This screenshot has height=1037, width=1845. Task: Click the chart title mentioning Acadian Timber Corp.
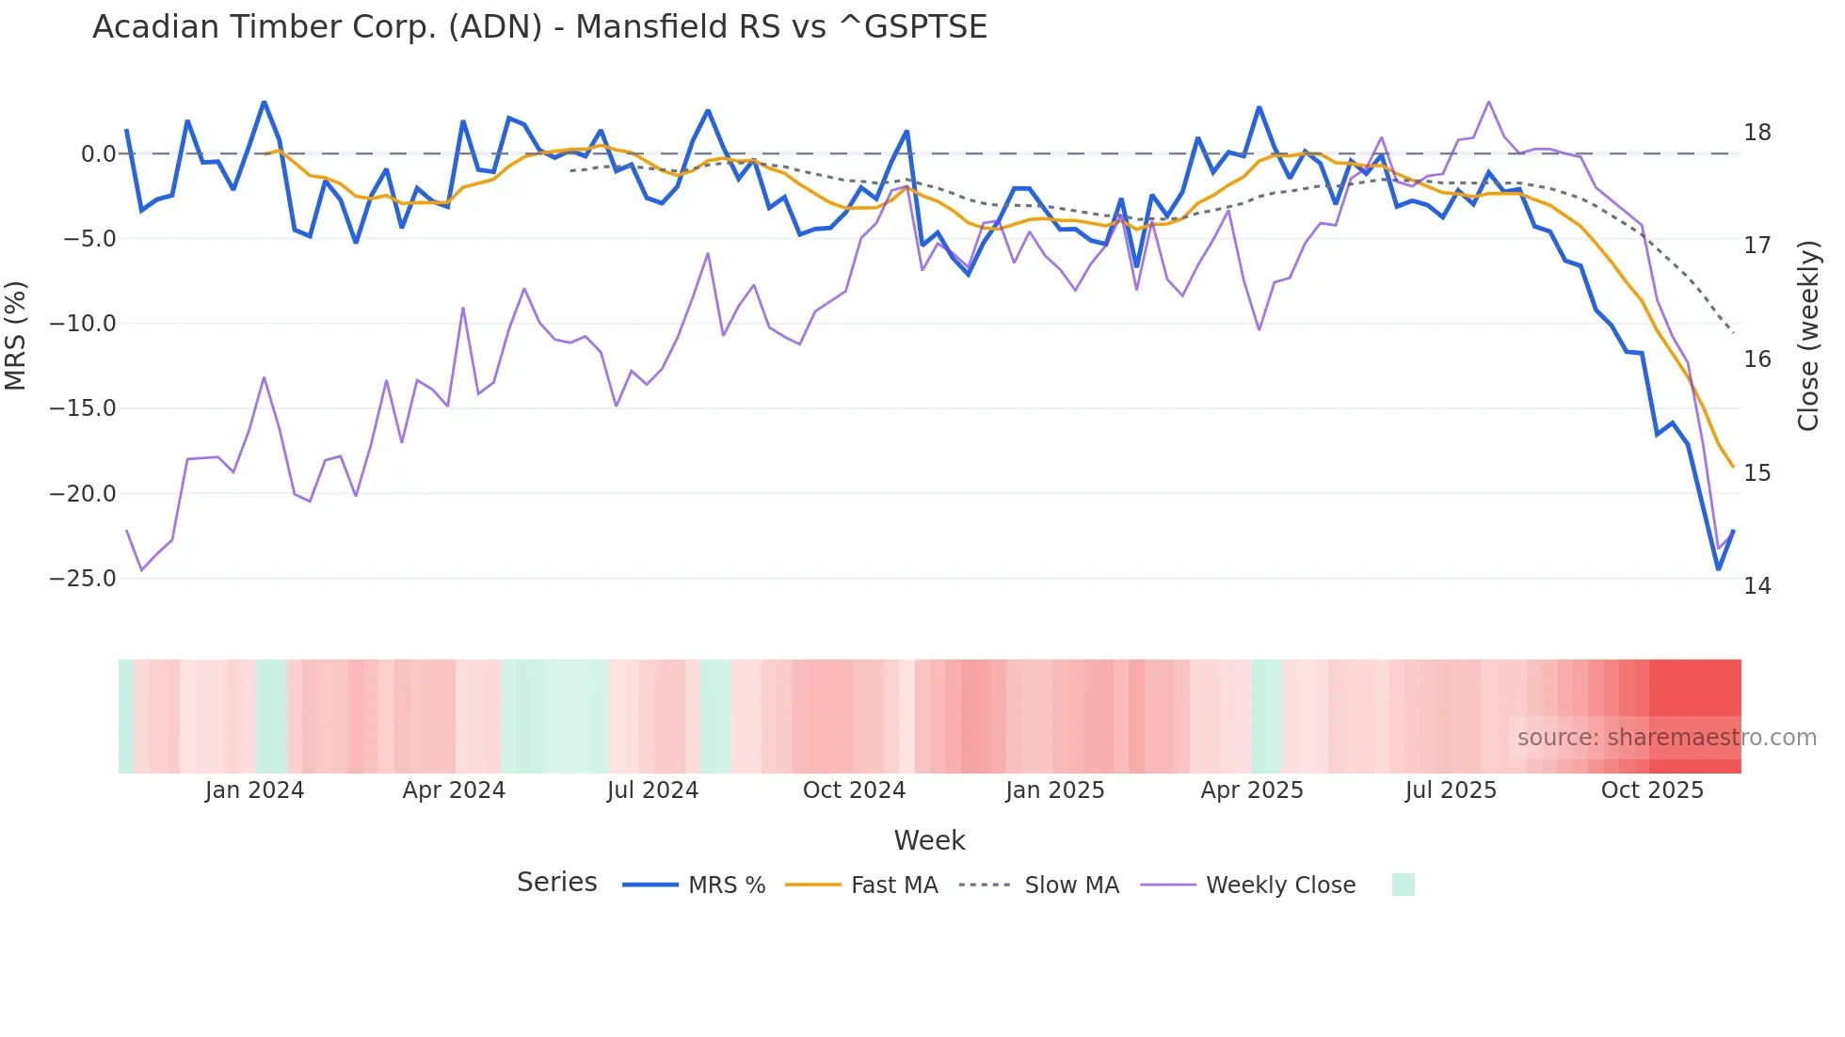tap(539, 26)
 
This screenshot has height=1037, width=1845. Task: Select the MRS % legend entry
tap(695, 885)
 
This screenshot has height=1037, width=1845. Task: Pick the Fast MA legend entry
tap(861, 885)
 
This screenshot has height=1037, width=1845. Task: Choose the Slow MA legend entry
tap(1039, 885)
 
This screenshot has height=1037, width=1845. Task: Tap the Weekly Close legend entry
tap(1248, 885)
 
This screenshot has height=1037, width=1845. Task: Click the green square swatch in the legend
tap(1403, 885)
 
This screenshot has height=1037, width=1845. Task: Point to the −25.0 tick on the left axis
tap(83, 579)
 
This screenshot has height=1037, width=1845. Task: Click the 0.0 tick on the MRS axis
tap(98, 154)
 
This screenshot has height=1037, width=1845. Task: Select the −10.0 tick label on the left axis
tap(83, 324)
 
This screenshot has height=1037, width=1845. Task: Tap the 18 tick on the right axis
tap(1757, 133)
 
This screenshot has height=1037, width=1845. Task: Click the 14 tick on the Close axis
tap(1757, 586)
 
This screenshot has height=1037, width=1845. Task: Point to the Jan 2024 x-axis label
tap(254, 790)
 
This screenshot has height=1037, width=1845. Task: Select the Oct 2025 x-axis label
tap(1652, 790)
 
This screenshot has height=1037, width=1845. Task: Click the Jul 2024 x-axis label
tap(652, 790)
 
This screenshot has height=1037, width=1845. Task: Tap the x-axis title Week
tap(929, 840)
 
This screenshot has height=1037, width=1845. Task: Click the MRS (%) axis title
tap(15, 336)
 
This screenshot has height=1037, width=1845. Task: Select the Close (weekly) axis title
tap(1807, 336)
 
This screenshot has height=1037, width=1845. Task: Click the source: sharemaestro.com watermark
tap(1666, 738)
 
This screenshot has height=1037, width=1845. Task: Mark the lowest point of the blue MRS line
tap(1718, 569)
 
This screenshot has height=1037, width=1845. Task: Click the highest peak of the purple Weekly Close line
tap(1488, 102)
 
